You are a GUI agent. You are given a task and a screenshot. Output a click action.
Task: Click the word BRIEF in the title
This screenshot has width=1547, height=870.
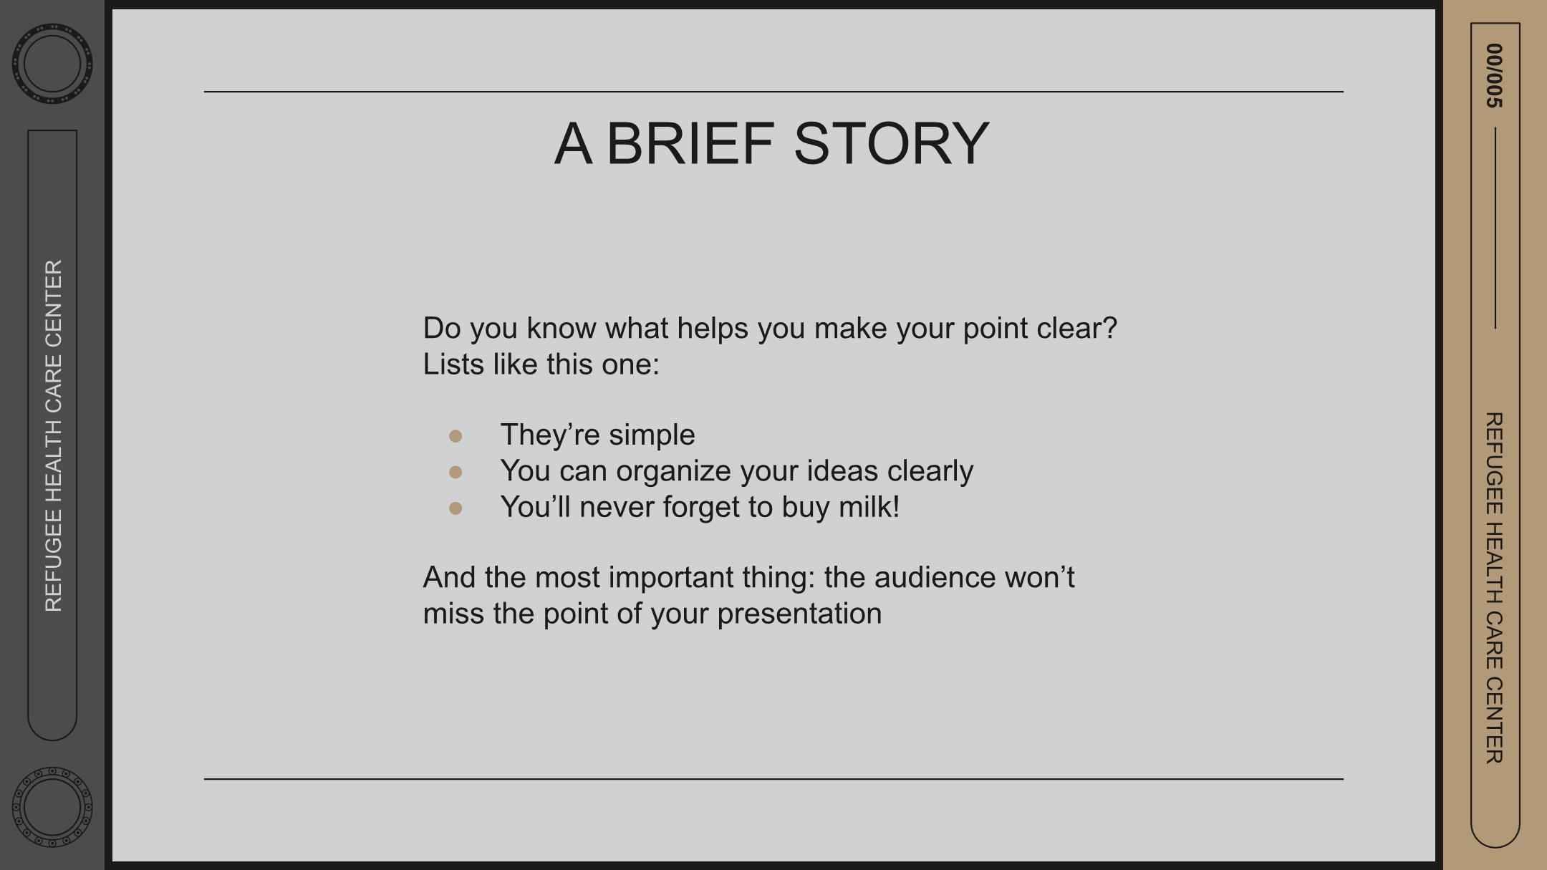pos(690,143)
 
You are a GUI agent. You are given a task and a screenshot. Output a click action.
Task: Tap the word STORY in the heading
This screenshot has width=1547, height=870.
pos(892,143)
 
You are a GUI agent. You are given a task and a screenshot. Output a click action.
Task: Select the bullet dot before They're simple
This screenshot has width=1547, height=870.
pos(456,436)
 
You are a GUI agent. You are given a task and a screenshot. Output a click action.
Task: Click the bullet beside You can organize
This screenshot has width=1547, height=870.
pos(456,472)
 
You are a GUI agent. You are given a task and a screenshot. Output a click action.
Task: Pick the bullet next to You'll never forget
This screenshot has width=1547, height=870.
pos(456,508)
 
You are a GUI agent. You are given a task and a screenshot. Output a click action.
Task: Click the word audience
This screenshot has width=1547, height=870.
pos(935,578)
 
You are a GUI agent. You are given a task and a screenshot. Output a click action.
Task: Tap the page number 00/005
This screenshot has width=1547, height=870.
pos(1494,76)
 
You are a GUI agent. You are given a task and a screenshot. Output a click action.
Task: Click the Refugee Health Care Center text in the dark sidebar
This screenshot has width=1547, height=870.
pos(54,435)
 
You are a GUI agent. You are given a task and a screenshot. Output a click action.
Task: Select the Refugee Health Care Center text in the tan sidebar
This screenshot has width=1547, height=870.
pos(1494,588)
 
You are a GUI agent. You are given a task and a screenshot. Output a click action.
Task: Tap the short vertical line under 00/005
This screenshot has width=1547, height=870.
pos(1495,228)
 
